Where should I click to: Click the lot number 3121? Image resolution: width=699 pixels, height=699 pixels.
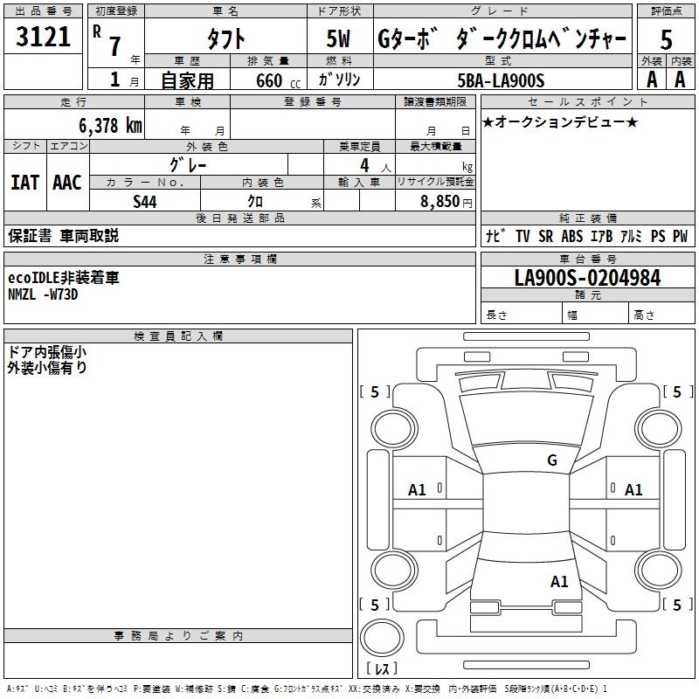coord(43,37)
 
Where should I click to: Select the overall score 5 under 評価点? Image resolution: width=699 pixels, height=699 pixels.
coord(666,39)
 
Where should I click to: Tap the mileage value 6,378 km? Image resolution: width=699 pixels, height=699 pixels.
coord(111,126)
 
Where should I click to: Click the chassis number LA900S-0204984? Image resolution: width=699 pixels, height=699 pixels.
coord(587,278)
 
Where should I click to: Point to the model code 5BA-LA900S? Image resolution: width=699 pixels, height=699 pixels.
coord(501,80)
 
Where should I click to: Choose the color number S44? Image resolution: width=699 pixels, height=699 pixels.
coord(145,202)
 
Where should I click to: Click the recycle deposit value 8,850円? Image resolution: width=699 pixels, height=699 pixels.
coord(446,202)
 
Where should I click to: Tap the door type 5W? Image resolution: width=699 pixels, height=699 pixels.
coord(338,38)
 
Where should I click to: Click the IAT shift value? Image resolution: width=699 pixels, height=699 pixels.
coord(25,183)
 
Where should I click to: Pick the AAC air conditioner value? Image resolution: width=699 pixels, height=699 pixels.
coord(67,183)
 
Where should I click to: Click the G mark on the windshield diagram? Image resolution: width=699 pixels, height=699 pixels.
coord(552,460)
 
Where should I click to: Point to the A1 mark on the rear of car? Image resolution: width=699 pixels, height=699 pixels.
coord(559,582)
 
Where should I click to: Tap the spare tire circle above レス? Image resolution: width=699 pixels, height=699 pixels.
coord(382,638)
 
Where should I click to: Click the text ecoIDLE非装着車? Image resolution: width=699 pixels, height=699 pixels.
coord(64,278)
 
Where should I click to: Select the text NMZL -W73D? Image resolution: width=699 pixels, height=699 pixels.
coord(43,294)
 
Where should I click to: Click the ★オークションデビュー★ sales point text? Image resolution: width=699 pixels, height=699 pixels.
coord(560,121)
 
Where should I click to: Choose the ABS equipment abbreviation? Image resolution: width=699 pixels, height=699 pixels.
coord(572,236)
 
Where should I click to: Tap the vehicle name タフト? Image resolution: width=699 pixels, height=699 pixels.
coord(226,38)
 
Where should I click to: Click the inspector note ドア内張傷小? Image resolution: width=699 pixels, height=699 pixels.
coord(47,352)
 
